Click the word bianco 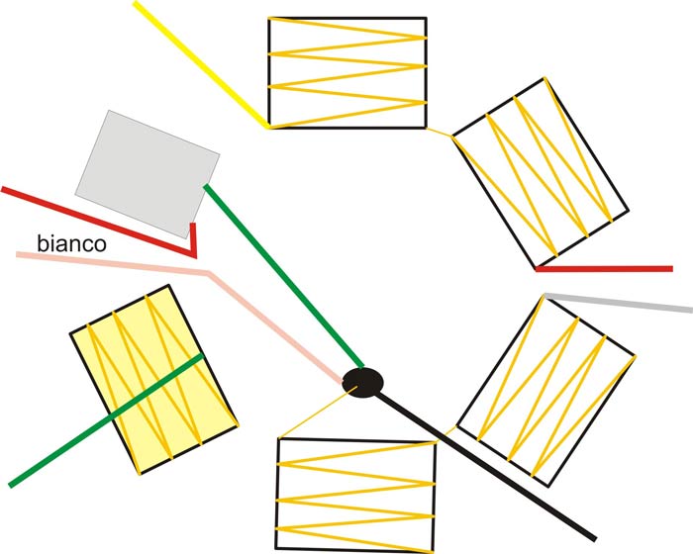click(71, 242)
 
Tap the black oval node click(363, 382)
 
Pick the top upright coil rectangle click(346, 72)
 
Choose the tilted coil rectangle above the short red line click(540, 173)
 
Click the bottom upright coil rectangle click(355, 495)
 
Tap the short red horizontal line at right click(604, 268)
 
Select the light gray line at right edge click(619, 303)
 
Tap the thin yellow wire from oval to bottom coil click(317, 412)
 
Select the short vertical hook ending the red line click(193, 238)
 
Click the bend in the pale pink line click(208, 272)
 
